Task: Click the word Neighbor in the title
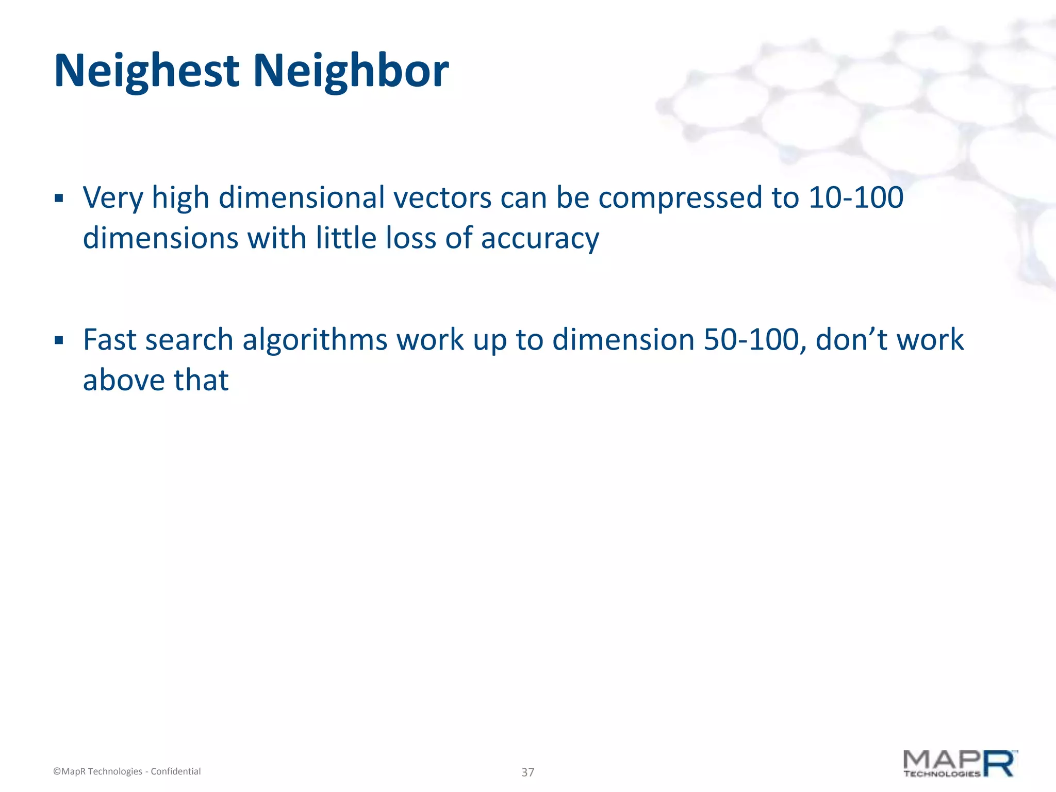pos(351,71)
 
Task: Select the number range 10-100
pos(855,198)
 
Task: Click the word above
pos(123,381)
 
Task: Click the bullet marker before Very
pos(59,199)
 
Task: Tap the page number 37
pos(527,772)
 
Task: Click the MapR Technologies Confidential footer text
pos(127,771)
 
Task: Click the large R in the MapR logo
pos(999,764)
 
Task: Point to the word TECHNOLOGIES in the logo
pos(942,773)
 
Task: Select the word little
pos(341,238)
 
